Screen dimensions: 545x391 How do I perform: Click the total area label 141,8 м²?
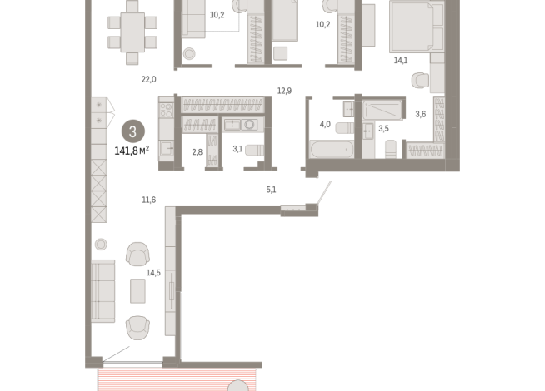(132, 151)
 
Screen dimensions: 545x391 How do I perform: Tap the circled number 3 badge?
(132, 131)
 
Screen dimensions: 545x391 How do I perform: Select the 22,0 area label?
(149, 80)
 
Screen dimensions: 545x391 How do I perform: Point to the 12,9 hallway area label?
(284, 91)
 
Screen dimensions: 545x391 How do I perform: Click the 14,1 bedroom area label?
(401, 61)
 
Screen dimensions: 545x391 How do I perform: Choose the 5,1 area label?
(271, 190)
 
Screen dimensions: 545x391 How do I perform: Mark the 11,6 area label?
(149, 200)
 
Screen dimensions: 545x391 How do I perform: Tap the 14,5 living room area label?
(153, 273)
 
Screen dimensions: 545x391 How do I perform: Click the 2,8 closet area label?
(197, 152)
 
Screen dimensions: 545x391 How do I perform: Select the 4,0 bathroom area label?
(325, 124)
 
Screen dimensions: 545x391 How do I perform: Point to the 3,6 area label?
(421, 114)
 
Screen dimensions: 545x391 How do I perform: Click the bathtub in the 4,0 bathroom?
(332, 150)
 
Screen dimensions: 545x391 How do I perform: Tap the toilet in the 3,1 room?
(254, 151)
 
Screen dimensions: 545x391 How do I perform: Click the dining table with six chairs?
(132, 32)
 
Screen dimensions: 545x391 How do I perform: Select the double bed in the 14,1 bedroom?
(417, 26)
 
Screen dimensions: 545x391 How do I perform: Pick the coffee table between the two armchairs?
(138, 291)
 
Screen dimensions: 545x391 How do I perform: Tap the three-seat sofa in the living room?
(102, 291)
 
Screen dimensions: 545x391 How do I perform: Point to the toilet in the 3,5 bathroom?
(391, 149)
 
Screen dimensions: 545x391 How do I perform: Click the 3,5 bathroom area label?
(383, 129)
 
